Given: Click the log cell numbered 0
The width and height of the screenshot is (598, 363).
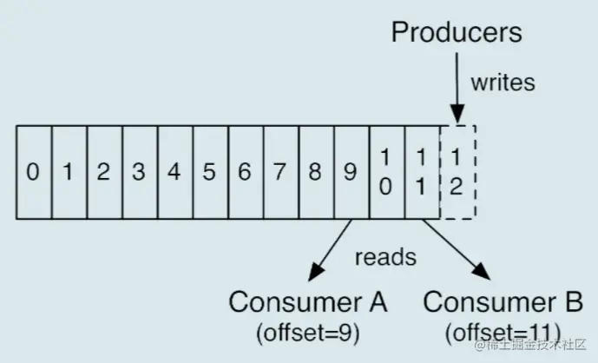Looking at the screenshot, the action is click(34, 172).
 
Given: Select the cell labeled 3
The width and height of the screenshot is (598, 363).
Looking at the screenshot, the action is click(140, 172).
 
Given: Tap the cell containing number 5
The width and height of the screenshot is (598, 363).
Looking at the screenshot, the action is click(211, 172).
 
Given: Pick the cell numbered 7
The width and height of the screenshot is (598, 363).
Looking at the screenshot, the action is click(281, 172).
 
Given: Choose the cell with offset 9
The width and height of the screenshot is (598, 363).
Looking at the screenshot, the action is click(352, 172).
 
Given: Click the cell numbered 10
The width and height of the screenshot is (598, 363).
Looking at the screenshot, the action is click(387, 172).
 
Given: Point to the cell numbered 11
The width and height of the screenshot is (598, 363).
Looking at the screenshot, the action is click(423, 172).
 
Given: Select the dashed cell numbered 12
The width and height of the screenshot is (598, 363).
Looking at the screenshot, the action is click(457, 172).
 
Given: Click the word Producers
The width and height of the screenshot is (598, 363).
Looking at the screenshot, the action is click(457, 32).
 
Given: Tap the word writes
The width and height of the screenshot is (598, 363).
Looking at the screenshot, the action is click(503, 82).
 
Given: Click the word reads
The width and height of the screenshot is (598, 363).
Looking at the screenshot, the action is click(385, 257).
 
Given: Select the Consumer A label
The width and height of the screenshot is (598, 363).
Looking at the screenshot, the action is click(308, 302).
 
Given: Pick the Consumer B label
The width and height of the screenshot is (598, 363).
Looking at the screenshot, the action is click(503, 302).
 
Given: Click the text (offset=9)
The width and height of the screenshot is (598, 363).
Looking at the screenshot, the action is click(308, 333).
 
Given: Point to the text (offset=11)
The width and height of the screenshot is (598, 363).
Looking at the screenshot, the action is click(503, 333).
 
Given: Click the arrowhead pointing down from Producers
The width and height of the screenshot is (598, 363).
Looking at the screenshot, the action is click(457, 114).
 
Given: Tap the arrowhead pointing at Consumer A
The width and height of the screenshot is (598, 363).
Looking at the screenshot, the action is click(315, 272).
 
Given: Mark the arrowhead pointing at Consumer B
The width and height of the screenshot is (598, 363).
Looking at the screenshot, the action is click(482, 272).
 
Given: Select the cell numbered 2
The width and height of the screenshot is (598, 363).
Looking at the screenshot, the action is click(105, 172).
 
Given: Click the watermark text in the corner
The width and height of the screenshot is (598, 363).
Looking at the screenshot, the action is click(530, 345).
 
